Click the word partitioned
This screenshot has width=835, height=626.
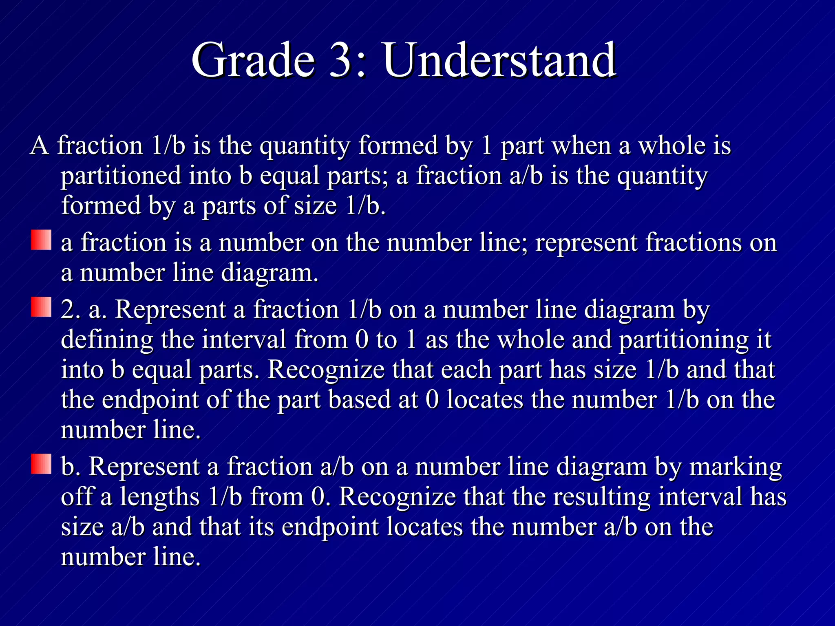point(121,176)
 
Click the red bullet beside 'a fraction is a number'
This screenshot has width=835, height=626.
point(41,240)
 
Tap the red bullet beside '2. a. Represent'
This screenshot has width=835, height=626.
point(41,307)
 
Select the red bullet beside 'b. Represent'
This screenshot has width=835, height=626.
point(41,464)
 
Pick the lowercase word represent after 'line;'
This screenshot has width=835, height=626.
point(586,243)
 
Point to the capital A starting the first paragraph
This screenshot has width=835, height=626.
point(40,145)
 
